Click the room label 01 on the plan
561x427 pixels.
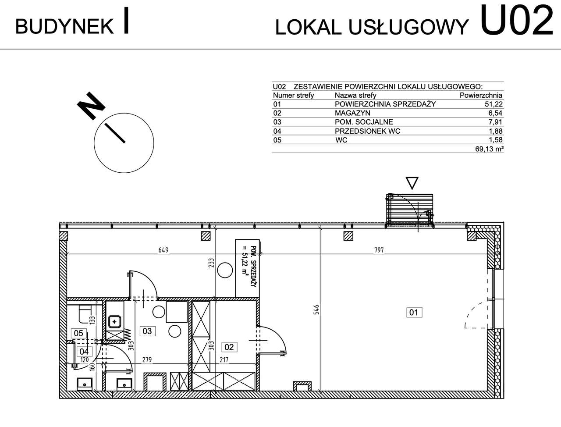(x=414, y=312)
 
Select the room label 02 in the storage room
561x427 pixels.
(x=229, y=347)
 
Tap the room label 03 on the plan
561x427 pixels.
(x=147, y=331)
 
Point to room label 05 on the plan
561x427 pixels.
(x=78, y=333)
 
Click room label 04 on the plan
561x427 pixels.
(x=84, y=351)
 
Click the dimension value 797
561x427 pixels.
(x=379, y=250)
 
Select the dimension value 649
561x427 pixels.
(x=163, y=250)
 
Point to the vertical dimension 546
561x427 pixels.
(x=316, y=310)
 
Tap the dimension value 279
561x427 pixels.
(x=146, y=360)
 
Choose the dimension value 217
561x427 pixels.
(x=224, y=360)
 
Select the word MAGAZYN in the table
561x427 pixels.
(x=352, y=113)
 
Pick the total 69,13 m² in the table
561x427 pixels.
(x=489, y=149)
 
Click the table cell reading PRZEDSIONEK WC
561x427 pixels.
(x=367, y=131)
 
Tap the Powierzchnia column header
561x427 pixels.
(x=481, y=95)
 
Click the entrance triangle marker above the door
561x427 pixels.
(x=412, y=182)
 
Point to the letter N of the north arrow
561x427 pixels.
(x=90, y=106)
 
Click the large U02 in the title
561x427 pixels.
(x=517, y=21)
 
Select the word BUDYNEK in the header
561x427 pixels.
(x=64, y=27)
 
